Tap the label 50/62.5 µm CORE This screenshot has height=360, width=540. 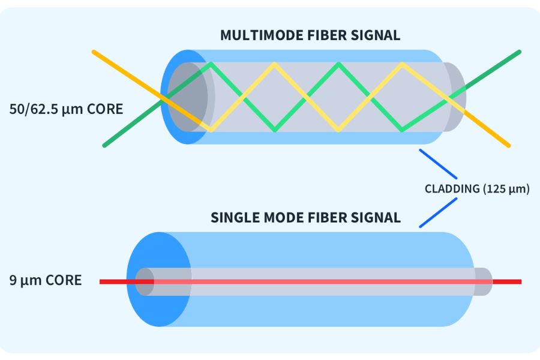(x=66, y=109)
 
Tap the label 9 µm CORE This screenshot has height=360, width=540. (x=46, y=280)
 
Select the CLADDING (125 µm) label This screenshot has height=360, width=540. (x=477, y=189)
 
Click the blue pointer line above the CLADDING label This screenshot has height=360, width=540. (x=438, y=163)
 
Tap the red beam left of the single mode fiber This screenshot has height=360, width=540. (x=114, y=281)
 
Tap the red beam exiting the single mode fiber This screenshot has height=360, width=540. (x=507, y=281)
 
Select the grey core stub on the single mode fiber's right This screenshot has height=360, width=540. (x=483, y=281)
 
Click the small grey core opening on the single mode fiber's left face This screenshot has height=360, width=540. (x=143, y=281)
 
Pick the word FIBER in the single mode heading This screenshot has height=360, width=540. (x=336, y=217)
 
